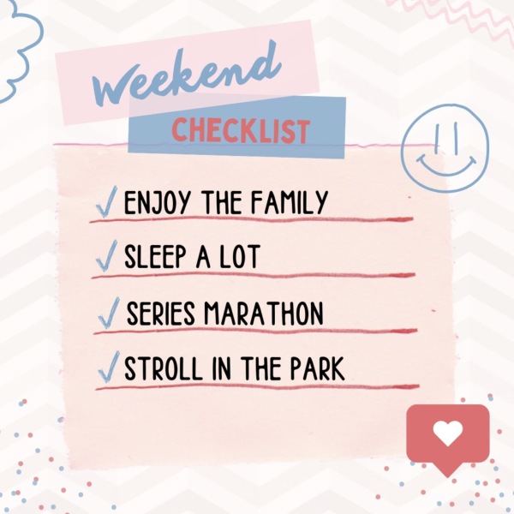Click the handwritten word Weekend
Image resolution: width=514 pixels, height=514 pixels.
tap(187, 75)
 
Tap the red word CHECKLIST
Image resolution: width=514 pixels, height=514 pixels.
tap(241, 130)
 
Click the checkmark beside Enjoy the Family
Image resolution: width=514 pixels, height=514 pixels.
tap(106, 201)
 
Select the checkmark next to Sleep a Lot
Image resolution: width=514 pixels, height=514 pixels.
tap(106, 255)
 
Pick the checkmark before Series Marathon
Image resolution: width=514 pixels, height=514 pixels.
tap(109, 313)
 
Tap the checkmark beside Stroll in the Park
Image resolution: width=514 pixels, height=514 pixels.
tap(109, 367)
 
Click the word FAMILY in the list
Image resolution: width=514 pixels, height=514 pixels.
tap(290, 202)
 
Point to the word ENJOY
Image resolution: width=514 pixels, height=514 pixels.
tap(157, 202)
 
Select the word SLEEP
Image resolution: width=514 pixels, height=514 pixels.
tap(155, 256)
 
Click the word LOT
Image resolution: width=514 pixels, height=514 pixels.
tap(240, 256)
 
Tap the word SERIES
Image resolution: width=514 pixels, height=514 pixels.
tap(161, 314)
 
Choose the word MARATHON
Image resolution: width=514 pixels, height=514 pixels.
tap(264, 314)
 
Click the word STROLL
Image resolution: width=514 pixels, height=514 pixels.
tap(164, 368)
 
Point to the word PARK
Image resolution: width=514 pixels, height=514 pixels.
tap(317, 368)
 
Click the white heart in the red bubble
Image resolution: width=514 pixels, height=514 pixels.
tap(448, 433)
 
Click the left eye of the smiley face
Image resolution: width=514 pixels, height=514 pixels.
tap(437, 138)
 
